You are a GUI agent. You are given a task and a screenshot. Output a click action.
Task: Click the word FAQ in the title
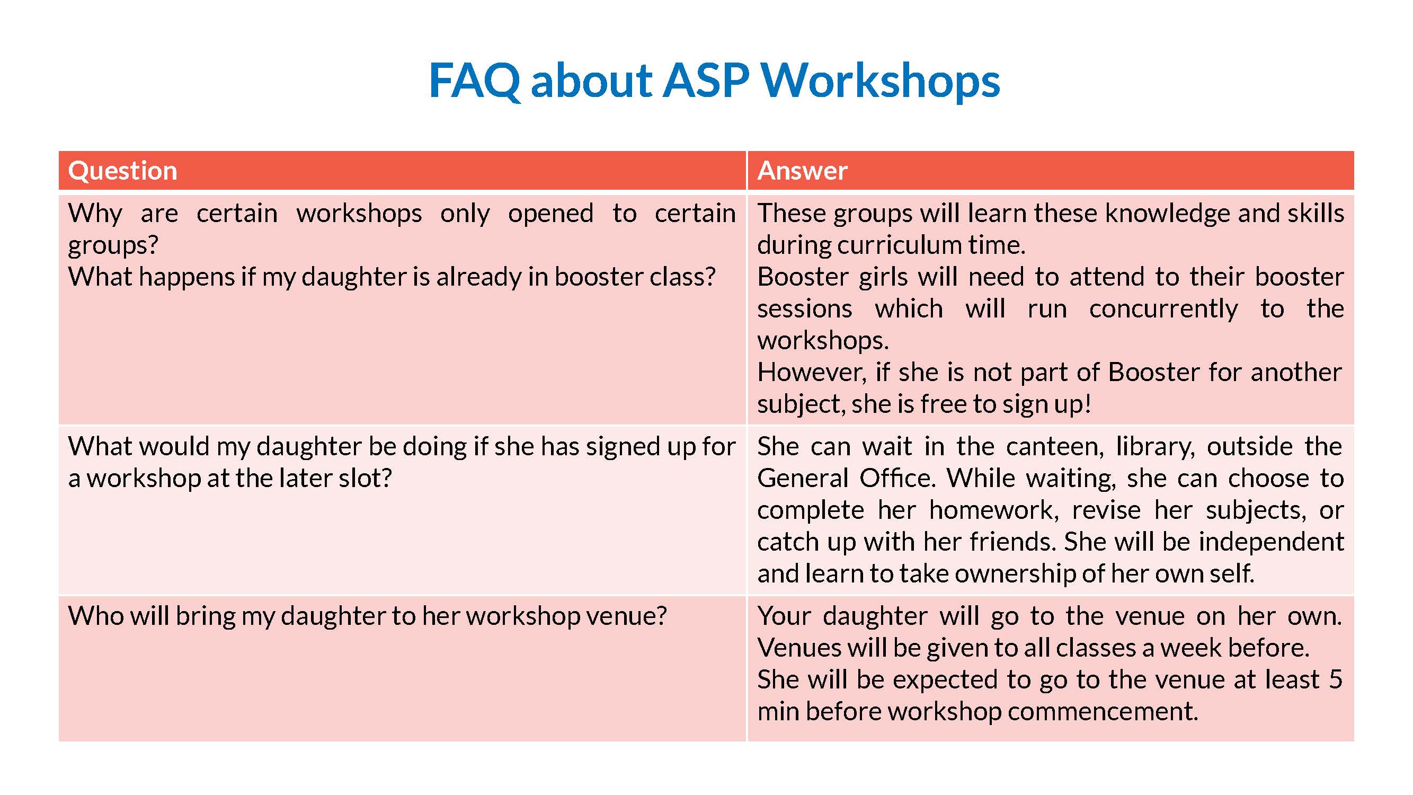coord(475,81)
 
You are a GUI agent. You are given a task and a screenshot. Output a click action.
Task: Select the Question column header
coord(123,171)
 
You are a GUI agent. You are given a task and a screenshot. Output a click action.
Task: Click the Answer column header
coord(803,170)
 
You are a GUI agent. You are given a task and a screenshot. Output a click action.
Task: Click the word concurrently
coord(1163,310)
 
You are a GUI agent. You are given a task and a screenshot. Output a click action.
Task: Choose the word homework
coord(993,510)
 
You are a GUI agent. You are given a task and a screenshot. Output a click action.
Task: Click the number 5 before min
coord(1336,680)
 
